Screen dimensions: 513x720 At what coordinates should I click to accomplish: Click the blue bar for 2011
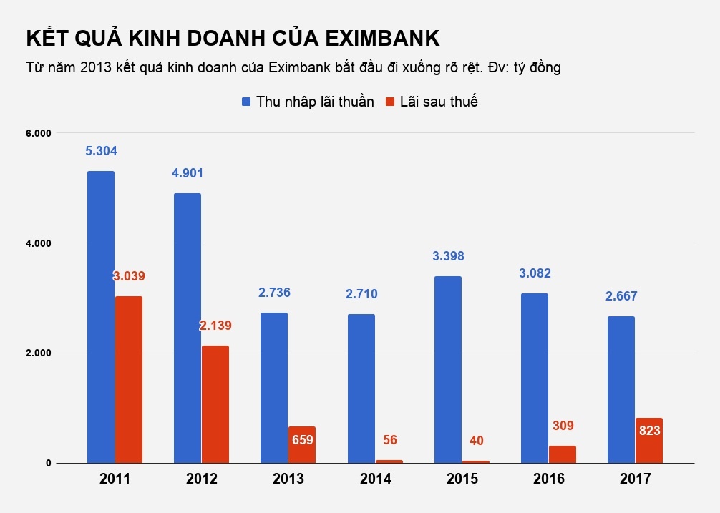click(x=101, y=317)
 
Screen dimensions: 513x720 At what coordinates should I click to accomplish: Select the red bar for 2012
click(x=215, y=404)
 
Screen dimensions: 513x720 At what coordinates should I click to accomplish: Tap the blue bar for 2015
click(x=447, y=369)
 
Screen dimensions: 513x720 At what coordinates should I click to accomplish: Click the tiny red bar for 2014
click(x=389, y=461)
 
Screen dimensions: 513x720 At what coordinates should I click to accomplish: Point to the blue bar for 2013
click(x=274, y=387)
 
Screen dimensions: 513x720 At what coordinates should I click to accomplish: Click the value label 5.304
click(x=101, y=151)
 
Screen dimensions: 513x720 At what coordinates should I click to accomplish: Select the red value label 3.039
click(x=129, y=276)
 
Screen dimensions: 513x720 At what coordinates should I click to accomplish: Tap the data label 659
click(x=303, y=440)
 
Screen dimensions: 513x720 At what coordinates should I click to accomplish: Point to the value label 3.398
click(x=447, y=256)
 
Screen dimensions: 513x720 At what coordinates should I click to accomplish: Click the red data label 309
click(x=563, y=426)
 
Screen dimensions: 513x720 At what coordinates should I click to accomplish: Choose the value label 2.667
click(x=621, y=296)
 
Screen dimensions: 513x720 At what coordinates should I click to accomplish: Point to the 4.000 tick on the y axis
click(x=39, y=243)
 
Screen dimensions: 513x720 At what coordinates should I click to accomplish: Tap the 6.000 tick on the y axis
click(x=39, y=133)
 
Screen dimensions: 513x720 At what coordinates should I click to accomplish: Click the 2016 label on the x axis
click(x=548, y=479)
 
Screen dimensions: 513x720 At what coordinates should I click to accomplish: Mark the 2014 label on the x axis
click(x=375, y=479)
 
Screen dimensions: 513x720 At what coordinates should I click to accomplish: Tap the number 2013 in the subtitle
click(x=95, y=68)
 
